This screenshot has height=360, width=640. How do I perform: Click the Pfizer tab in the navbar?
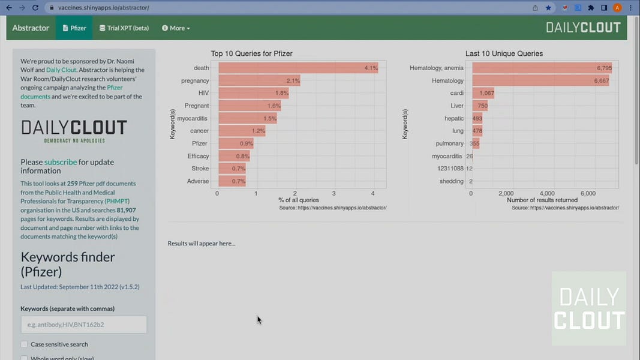pos(74,28)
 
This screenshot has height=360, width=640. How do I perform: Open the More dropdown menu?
pos(176,28)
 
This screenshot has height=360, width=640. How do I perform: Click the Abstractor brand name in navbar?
pos(31,28)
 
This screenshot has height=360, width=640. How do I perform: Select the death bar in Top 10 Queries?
pos(298,68)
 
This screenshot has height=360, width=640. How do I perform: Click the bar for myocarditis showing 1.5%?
pos(247,119)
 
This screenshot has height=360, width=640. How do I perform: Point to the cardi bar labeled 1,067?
pos(483,94)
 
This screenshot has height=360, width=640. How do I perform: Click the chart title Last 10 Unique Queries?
pos(504,53)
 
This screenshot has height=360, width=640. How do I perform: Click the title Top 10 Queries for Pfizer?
pos(251,53)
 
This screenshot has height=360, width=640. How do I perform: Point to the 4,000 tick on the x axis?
pos(546,194)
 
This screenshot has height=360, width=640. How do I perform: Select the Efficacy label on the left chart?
pos(198,156)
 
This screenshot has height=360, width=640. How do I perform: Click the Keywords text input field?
pos(83,325)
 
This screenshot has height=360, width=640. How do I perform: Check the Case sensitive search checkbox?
pos(25,344)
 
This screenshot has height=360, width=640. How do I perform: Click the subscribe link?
pos(61,162)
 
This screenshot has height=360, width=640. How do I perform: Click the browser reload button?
pos(35,8)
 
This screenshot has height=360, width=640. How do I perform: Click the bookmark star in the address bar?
pos(548,8)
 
